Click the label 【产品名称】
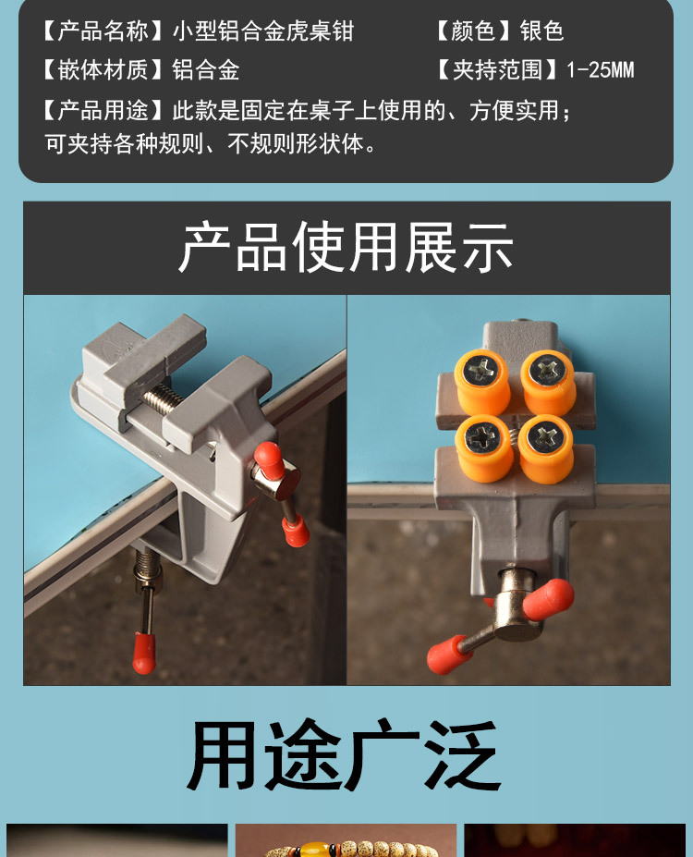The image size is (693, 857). tap(95, 31)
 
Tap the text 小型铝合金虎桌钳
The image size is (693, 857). tap(263, 31)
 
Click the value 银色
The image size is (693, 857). tap(541, 31)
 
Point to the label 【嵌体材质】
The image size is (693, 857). tap(95, 70)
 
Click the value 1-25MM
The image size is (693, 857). tap(601, 70)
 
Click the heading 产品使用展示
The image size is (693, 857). tap(346, 247)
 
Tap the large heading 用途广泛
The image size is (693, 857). tap(346, 755)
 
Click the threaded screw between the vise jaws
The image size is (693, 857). tap(164, 398)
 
